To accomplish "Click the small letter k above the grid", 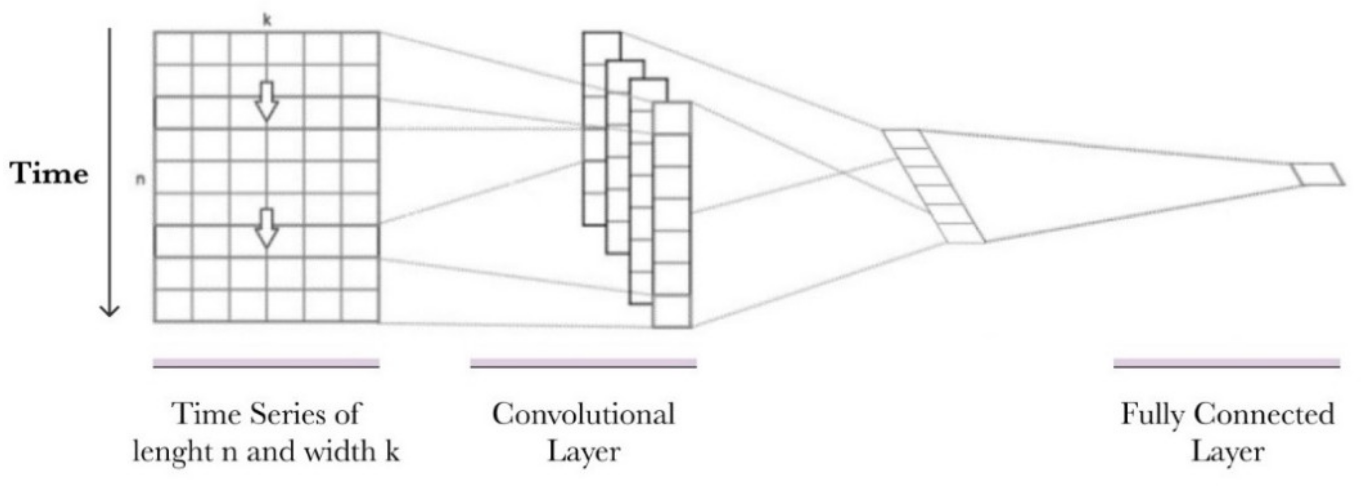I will (267, 20).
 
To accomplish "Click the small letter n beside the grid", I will (140, 180).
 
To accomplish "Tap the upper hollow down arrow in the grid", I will (266, 101).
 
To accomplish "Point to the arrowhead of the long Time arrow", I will (109, 311).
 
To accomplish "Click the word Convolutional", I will (583, 414).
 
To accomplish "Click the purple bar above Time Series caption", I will (266, 363).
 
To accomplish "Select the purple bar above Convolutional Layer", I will (583, 363).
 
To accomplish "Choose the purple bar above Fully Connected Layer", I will (1227, 363).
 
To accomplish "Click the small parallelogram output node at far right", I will (1318, 174).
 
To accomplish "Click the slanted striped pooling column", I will (934, 186).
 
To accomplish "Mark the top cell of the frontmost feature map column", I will (672, 118).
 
